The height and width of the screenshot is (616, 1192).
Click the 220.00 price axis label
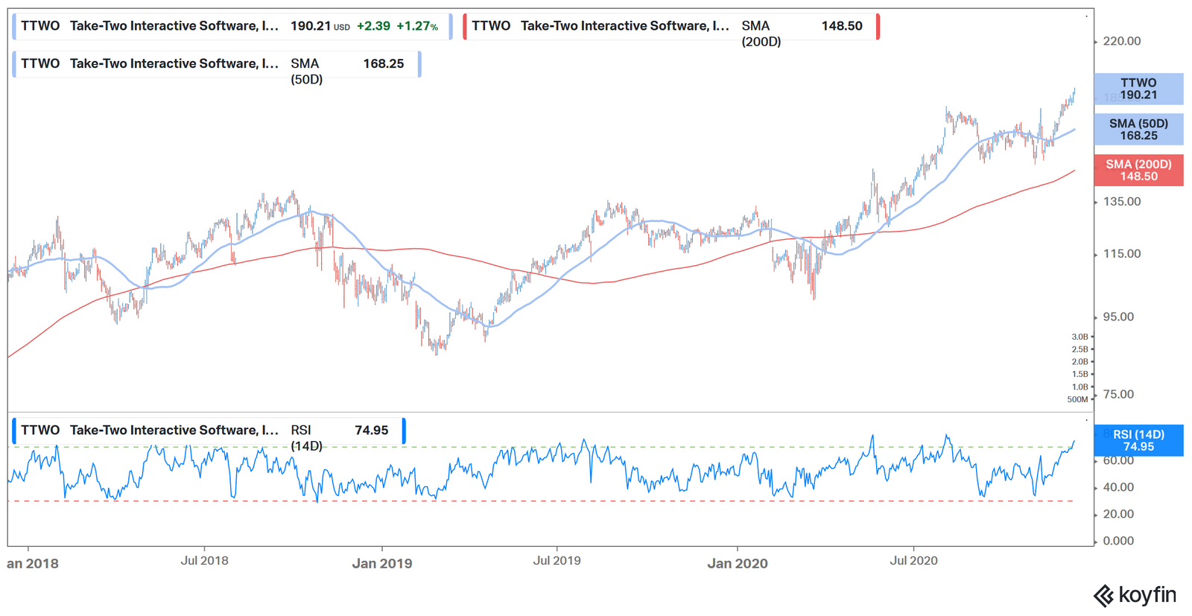pos(1121,41)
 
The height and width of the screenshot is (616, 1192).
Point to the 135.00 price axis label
pos(1121,202)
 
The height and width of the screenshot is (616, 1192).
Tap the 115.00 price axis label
pos(1121,254)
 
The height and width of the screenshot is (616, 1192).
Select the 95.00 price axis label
pos(1118,317)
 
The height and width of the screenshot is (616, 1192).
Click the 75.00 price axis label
pos(1118,395)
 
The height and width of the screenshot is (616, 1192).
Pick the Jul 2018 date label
pos(204,561)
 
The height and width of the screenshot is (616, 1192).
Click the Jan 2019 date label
pos(381,564)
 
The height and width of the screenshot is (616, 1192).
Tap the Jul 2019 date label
pos(557,561)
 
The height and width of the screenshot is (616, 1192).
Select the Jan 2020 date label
pos(737,564)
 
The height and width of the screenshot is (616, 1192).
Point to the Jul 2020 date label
pos(913,561)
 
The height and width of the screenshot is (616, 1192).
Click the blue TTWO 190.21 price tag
pos(1138,89)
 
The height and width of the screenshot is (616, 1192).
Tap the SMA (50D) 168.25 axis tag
pos(1138,130)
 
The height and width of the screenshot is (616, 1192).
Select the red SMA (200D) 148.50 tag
pos(1138,171)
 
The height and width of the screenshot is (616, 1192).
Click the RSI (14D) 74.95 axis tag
pos(1138,441)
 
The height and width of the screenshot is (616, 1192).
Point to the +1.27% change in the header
pos(417,26)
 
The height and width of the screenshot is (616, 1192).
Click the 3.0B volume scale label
pos(1080,337)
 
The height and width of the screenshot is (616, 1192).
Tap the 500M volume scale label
pos(1077,399)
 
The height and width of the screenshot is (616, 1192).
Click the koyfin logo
pos(1135,595)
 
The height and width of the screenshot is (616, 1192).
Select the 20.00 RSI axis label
pos(1118,514)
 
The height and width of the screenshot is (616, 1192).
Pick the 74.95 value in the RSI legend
pos(371,431)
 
